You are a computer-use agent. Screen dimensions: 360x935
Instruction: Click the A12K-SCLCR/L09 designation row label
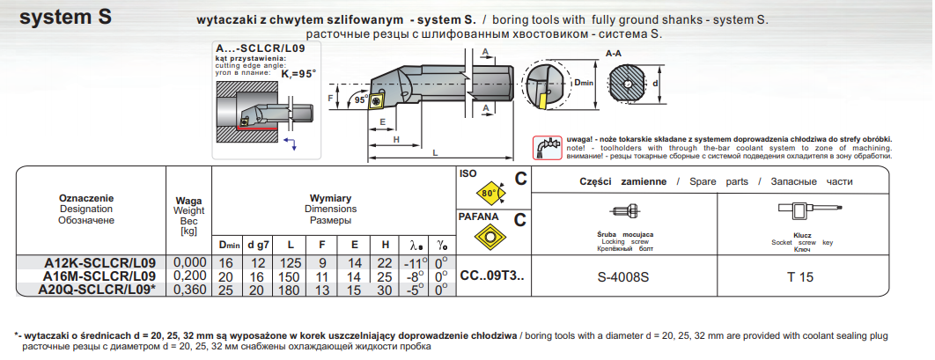point(99,262)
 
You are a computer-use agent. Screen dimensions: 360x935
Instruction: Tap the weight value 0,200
point(189,276)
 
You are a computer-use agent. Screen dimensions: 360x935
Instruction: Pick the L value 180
point(291,289)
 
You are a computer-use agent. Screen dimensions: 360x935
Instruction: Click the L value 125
point(291,262)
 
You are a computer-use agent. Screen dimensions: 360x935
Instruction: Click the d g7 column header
point(258,243)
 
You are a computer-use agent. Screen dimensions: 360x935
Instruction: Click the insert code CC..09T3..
point(491,276)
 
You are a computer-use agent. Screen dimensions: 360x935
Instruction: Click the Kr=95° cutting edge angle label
point(298,74)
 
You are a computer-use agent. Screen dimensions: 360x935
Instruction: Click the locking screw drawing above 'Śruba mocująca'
point(622,211)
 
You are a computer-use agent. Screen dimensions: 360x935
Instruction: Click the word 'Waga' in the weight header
point(189,201)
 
